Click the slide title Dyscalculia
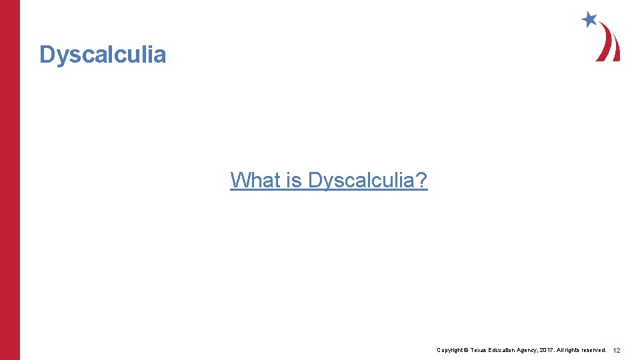pyautogui.click(x=103, y=55)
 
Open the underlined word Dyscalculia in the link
pyautogui.click(x=360, y=180)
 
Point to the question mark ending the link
pyautogui.click(x=422, y=180)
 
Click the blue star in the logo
pyautogui.click(x=589, y=19)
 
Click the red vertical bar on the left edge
pyautogui.click(x=10, y=180)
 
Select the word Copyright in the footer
pyautogui.click(x=450, y=350)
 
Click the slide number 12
pyautogui.click(x=617, y=350)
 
